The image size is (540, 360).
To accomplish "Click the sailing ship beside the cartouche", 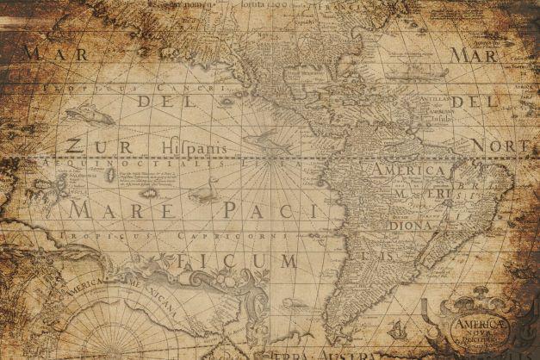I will click(397, 328).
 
